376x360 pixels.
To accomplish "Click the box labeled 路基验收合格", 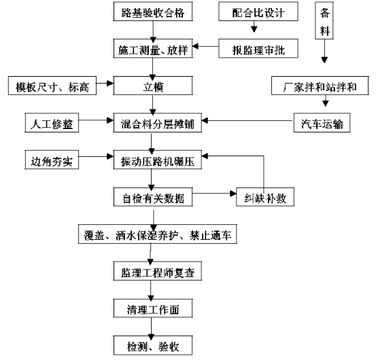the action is tap(153, 12).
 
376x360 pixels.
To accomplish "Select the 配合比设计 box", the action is tap(258, 12).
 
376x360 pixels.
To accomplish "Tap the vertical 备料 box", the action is tap(324, 20).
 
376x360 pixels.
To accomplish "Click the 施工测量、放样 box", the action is tap(153, 48).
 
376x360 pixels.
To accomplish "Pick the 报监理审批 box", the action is tap(258, 48).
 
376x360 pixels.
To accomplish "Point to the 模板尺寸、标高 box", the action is tap(52, 86).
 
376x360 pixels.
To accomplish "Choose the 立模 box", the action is tap(153, 86).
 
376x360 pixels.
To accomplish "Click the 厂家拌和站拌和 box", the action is tap(320, 86).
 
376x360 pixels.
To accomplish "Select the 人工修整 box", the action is tap(52, 123).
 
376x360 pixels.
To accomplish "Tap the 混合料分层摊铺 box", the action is tap(158, 123).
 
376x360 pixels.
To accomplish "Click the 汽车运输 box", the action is tap(322, 123).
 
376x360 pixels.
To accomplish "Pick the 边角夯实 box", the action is tap(52, 160).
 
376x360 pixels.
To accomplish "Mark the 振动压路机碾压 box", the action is tap(158, 160).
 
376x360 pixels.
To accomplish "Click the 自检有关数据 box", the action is tap(153, 197).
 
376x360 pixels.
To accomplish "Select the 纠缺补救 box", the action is tap(265, 197).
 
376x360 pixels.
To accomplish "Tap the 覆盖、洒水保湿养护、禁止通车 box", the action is tap(158, 234).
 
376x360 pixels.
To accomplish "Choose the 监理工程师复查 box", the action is tap(158, 271).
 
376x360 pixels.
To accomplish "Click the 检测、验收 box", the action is tap(153, 345).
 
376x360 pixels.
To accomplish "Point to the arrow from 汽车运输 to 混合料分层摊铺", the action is tap(247, 120).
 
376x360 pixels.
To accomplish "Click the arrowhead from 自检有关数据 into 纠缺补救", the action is tap(233, 194).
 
